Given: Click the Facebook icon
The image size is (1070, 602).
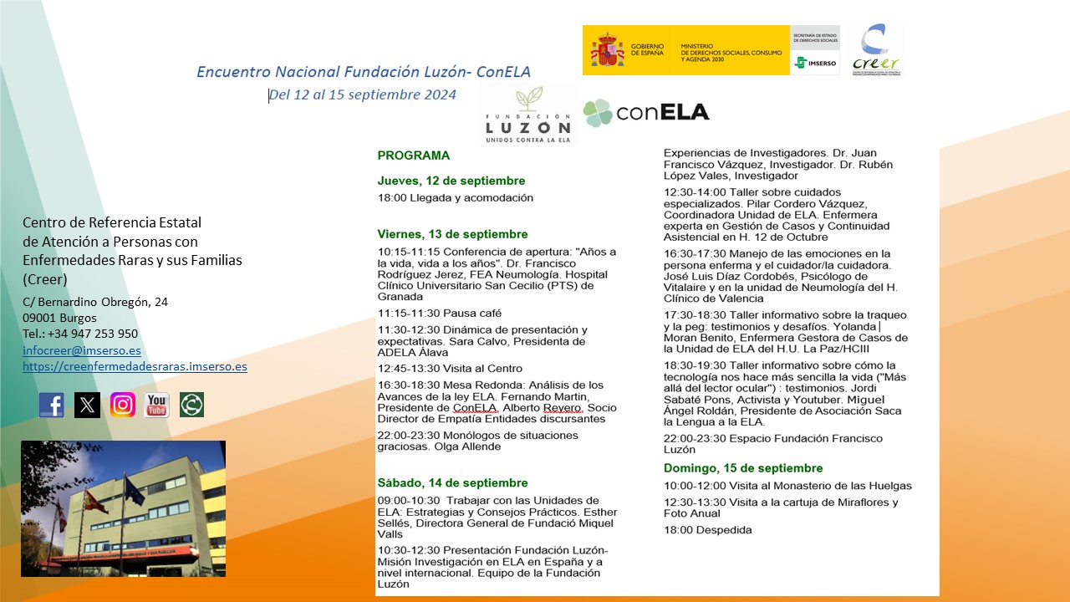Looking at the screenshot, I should click(52, 406).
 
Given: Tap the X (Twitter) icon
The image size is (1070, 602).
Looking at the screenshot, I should click(87, 406).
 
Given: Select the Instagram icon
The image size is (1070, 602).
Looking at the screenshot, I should click(123, 406).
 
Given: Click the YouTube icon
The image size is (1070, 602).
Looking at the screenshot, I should click(157, 406).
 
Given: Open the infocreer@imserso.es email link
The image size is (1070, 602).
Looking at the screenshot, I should click(82, 351).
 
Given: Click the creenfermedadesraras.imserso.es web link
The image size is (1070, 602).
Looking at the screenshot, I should click(135, 367).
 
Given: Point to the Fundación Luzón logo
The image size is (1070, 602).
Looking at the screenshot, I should click(528, 115).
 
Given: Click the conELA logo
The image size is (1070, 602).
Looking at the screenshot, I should click(646, 112).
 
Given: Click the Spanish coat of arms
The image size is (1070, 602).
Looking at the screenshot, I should click(607, 50).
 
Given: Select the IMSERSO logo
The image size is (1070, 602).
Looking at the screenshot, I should click(814, 62).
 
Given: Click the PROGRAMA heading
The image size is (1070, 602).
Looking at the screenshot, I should click(413, 156).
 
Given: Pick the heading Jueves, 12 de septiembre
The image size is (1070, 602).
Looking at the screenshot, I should click(451, 181).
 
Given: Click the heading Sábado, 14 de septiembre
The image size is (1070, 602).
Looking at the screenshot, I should click(452, 483).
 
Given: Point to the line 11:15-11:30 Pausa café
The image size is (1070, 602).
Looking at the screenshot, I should click(440, 314).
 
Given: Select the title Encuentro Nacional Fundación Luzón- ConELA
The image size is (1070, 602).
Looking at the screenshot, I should click(364, 72).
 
